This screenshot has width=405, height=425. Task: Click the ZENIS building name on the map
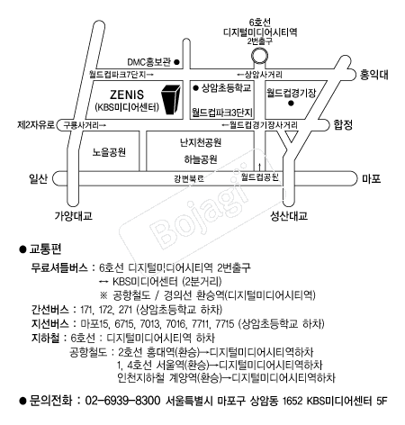click(127, 95)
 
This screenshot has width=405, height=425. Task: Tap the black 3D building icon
click(172, 99)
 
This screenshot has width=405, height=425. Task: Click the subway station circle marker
click(259, 56)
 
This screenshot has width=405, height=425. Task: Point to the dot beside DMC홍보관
click(177, 62)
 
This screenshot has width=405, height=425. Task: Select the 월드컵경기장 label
click(292, 93)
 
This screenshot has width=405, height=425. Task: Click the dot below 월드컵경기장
click(291, 104)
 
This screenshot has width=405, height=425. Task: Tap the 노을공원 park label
click(109, 152)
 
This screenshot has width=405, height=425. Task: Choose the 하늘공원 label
click(201, 159)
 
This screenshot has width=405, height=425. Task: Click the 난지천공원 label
click(201, 142)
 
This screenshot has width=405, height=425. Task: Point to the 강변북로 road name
click(189, 179)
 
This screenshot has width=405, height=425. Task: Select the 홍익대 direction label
click(373, 74)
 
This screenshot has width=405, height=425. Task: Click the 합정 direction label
click(343, 124)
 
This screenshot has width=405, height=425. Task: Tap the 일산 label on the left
click(38, 178)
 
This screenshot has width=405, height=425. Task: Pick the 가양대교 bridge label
click(73, 216)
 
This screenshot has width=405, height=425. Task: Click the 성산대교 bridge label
click(289, 216)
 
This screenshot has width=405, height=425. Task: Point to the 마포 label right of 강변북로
click(371, 178)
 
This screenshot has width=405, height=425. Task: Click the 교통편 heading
click(45, 249)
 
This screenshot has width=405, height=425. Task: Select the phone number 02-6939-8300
click(122, 401)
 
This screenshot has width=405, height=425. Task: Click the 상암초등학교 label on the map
click(226, 88)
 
